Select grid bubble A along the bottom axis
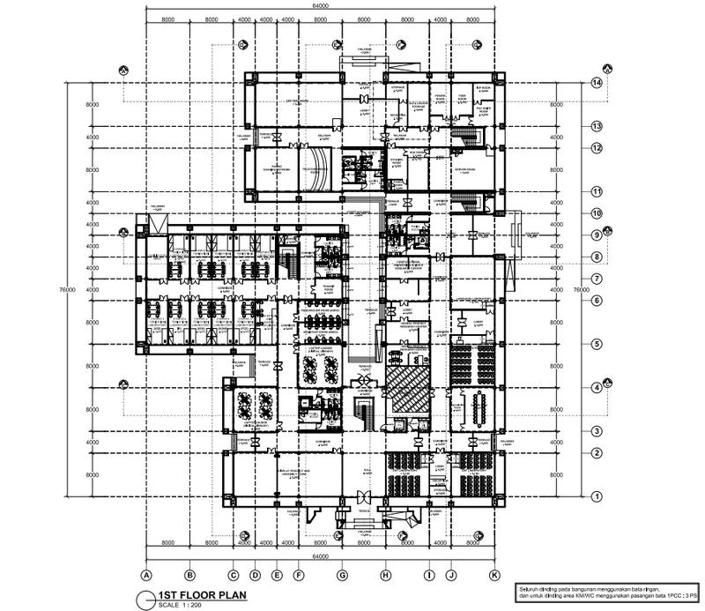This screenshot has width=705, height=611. coord(145,575)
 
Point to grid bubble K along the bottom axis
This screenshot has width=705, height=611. coord(494,575)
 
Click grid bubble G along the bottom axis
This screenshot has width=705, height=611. coord(341,575)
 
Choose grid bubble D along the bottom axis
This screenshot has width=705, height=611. coord(255,575)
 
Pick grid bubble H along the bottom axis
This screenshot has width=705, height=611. coord(385,575)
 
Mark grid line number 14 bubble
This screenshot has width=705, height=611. coord(597,83)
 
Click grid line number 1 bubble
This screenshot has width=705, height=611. coord(597,496)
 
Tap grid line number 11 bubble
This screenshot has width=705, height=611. coord(597,191)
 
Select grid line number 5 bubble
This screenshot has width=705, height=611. coord(597,344)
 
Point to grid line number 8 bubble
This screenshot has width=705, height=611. coord(597,257)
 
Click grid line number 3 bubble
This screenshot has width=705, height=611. coord(597,431)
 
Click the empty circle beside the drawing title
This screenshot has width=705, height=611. coord(145,600)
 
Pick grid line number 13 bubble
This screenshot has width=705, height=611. coord(597,127)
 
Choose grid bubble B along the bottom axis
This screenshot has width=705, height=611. coord(188,575)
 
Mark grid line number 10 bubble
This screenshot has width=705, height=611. coord(597,213)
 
